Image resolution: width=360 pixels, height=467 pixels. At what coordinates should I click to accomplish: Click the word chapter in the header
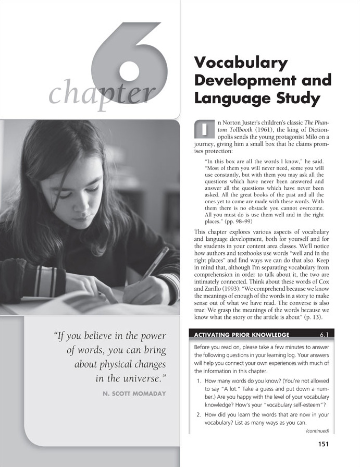coord(102,94)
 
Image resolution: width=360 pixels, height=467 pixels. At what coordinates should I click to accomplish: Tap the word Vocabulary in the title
coord(240,64)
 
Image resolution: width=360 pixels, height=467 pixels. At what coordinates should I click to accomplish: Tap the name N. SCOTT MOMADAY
coord(134,394)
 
